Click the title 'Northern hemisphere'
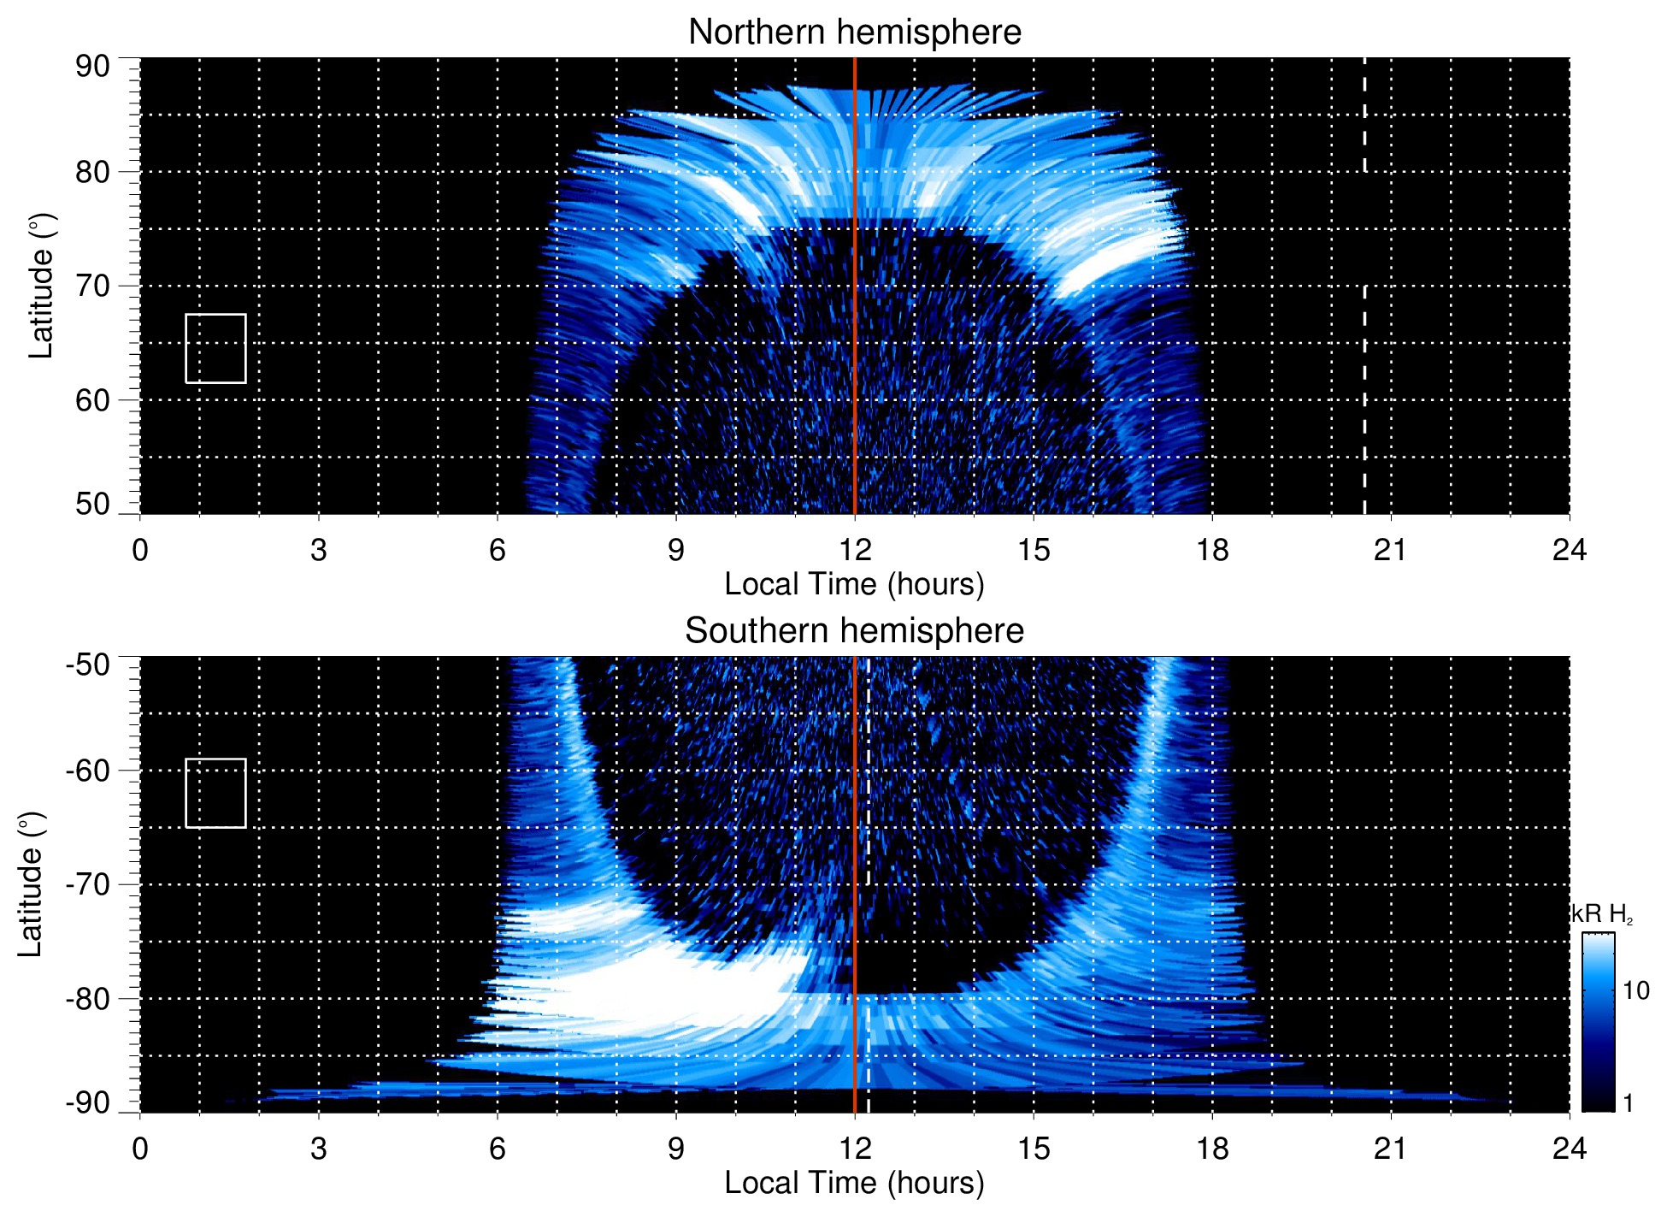click(854, 32)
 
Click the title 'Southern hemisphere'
click(854, 631)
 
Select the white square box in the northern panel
click(215, 348)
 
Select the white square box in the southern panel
click(215, 793)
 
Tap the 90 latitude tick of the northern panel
click(92, 67)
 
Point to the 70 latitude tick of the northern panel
click(92, 286)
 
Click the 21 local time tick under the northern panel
click(1390, 550)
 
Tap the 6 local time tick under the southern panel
click(498, 1149)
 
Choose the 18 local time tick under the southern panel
click(1212, 1149)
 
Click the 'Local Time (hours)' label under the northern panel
click(854, 584)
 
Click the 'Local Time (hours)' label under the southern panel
click(854, 1183)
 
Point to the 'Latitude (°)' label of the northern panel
click(41, 286)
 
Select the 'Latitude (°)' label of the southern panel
click(31, 884)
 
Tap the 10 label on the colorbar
click(1635, 991)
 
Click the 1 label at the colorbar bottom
click(1628, 1103)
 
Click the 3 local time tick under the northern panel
click(319, 550)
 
